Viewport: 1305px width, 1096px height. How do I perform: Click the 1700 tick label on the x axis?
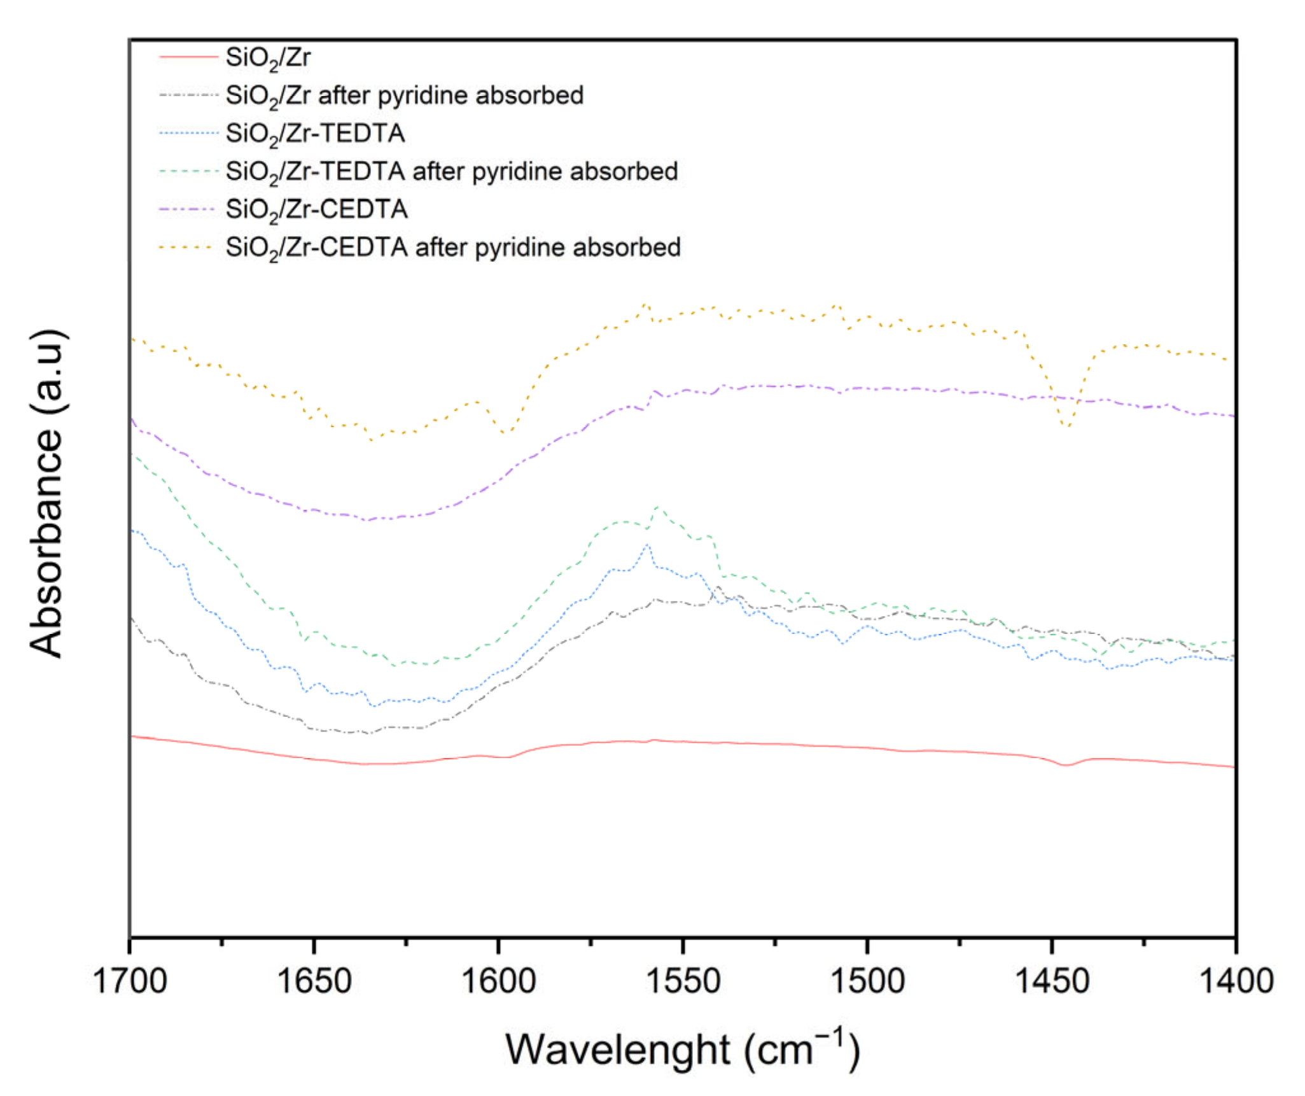click(x=130, y=981)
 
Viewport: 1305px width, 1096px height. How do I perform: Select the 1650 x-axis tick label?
click(x=314, y=981)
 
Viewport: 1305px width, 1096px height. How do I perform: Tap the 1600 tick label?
click(x=498, y=981)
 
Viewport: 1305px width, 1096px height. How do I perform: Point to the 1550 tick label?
click(x=683, y=981)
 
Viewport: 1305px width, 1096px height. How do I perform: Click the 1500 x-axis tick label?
click(x=867, y=981)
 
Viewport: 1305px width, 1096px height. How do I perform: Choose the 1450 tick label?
click(x=1051, y=981)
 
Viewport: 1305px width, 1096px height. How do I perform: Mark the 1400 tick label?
click(x=1235, y=981)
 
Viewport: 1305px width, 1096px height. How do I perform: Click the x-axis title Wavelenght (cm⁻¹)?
click(x=682, y=1048)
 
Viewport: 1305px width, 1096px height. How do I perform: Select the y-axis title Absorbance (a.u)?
click(x=47, y=493)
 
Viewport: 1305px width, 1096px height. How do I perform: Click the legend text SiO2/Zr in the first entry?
click(x=268, y=58)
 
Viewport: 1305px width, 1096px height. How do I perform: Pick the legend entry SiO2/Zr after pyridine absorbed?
click(x=404, y=96)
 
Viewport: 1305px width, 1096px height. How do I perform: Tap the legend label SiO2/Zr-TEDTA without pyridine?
click(x=315, y=134)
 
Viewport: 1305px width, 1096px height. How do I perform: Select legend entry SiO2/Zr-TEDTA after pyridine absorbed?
click(x=451, y=172)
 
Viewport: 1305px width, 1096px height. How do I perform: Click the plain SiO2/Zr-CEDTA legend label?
click(x=316, y=209)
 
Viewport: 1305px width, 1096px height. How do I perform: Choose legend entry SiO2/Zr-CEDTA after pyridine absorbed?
click(x=452, y=248)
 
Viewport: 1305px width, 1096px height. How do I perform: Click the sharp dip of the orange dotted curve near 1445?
click(x=1067, y=426)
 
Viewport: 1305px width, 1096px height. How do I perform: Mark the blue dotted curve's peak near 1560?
click(x=647, y=545)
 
